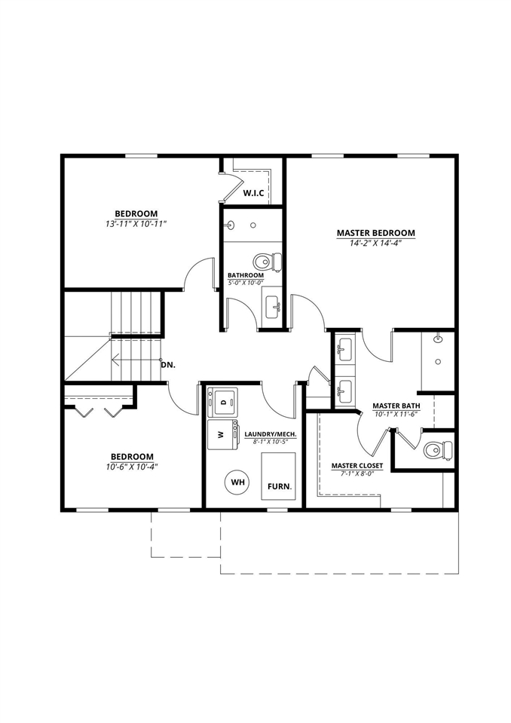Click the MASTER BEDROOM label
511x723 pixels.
(x=375, y=233)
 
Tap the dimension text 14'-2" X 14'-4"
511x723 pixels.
(x=375, y=243)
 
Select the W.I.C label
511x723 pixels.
(x=253, y=194)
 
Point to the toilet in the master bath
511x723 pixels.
(x=436, y=450)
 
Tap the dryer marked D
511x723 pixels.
(x=223, y=401)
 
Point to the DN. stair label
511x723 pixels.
(x=168, y=364)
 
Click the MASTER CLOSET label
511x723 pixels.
(x=357, y=466)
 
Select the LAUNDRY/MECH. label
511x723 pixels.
(x=270, y=434)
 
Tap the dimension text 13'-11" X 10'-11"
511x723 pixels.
(x=136, y=223)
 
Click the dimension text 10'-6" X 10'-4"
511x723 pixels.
(x=132, y=466)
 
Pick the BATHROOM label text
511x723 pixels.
(x=246, y=275)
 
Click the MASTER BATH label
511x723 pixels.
(x=396, y=406)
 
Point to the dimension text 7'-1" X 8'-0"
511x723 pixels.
(x=357, y=475)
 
